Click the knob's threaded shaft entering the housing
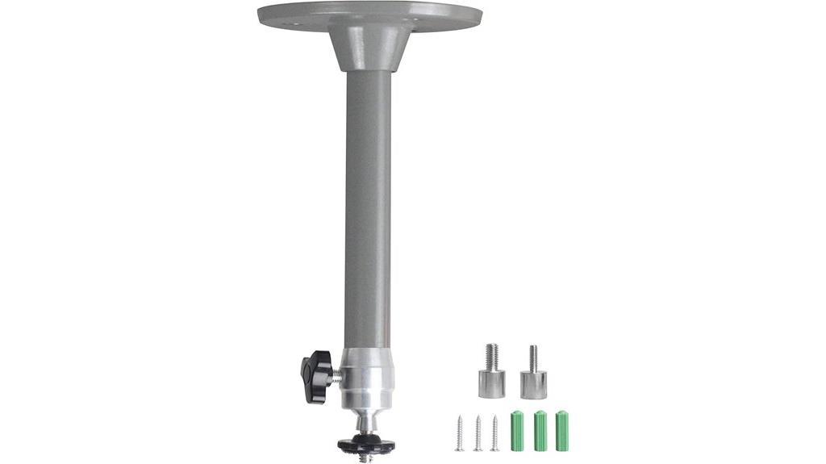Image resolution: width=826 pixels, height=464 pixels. [337, 373]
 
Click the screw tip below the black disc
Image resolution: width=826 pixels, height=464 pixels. [364, 457]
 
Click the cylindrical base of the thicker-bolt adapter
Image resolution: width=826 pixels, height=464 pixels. [491, 384]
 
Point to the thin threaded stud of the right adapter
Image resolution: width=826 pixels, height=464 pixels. [533, 358]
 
